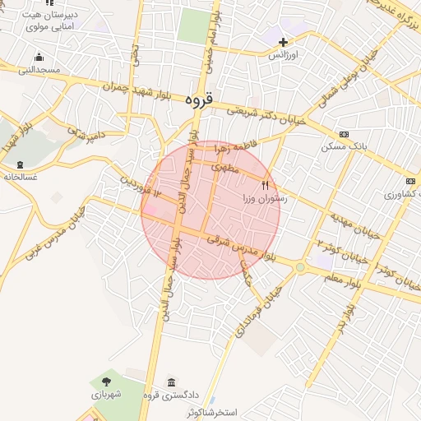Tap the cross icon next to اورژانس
pos(284,42)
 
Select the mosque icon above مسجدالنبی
pos(39,57)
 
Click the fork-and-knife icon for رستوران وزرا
pos(265,185)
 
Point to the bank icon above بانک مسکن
pos(344,134)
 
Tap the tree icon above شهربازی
pos(106,381)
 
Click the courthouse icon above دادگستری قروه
pos(171,384)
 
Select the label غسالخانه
pos(21,176)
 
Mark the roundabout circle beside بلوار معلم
pos(299,266)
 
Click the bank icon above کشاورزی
pos(409,181)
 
